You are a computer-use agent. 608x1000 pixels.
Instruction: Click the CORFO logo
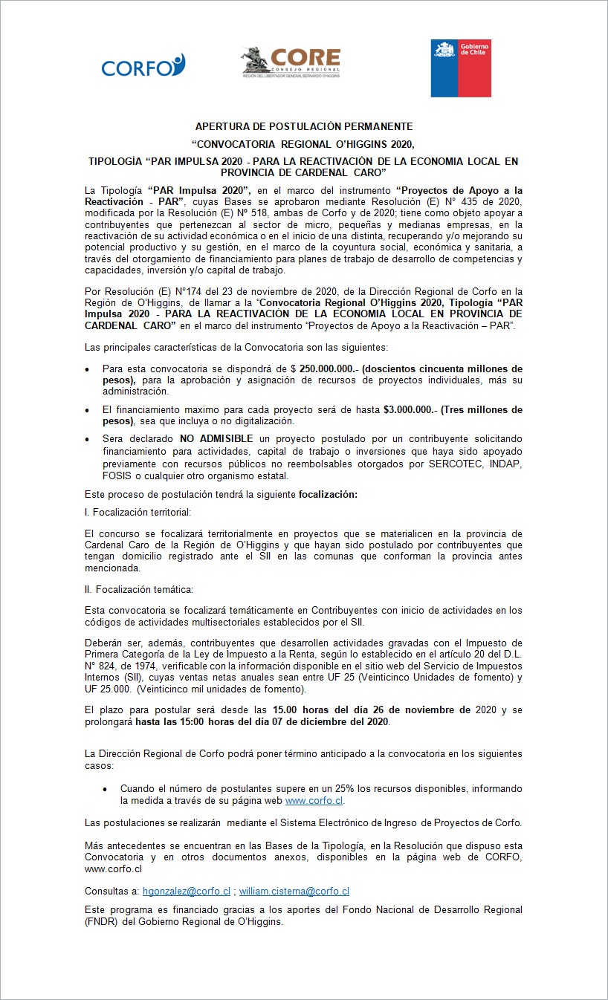pyautogui.click(x=143, y=67)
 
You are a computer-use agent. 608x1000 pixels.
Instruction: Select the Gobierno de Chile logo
pyautogui.click(x=461, y=68)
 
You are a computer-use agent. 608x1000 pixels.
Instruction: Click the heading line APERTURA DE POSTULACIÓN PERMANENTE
pyautogui.click(x=303, y=127)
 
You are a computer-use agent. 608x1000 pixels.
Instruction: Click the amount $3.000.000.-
pyautogui.click(x=410, y=410)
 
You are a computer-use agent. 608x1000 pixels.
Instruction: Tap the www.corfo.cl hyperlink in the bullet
pyautogui.click(x=314, y=801)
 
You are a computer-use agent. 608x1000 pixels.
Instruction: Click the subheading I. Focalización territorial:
pyautogui.click(x=138, y=513)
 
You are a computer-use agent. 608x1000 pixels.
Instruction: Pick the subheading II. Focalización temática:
pyautogui.click(x=139, y=590)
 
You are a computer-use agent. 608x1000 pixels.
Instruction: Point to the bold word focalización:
pyautogui.click(x=328, y=494)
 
